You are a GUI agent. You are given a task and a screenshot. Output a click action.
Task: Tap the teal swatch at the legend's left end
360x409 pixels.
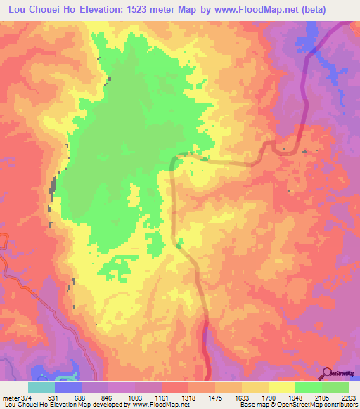click(x=41, y=387)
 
